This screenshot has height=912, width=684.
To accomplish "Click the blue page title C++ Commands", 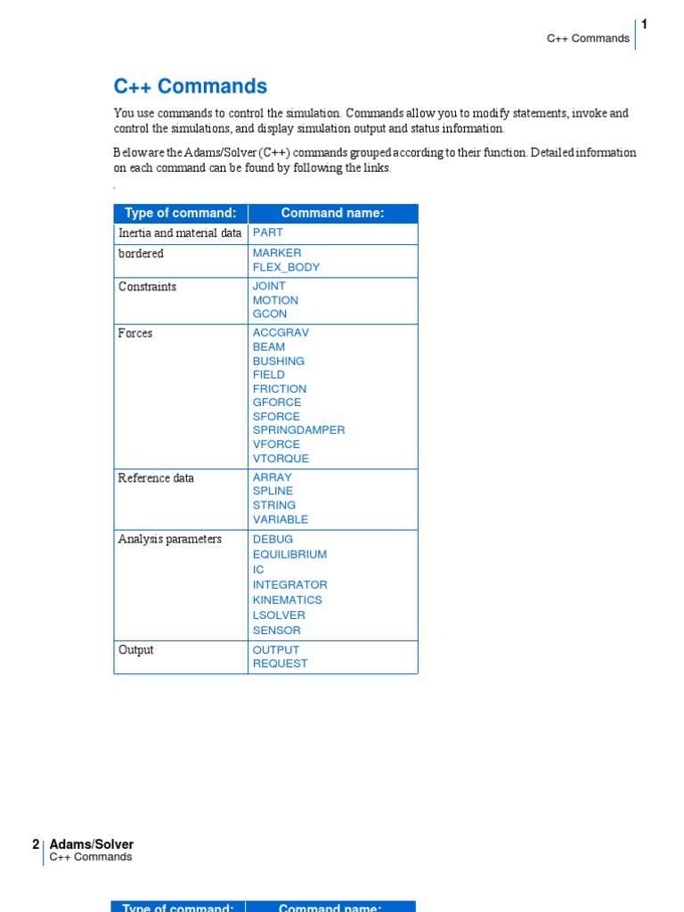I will click(190, 86).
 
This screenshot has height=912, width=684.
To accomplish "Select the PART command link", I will click(267, 232).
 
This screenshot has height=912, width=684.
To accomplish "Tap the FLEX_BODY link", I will click(286, 267).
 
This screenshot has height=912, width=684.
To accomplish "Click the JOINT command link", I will click(269, 286).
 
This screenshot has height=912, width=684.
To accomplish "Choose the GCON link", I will click(270, 313).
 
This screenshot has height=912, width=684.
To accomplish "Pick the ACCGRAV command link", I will click(281, 332).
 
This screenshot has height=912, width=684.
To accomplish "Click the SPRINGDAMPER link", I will click(298, 430).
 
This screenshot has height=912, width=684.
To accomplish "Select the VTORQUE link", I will click(281, 459).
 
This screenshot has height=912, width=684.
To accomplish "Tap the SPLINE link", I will click(273, 491).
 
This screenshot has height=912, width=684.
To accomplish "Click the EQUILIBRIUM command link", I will click(289, 554).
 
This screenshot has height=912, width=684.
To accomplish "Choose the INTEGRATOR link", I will click(289, 584).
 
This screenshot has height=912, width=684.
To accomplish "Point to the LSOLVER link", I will click(279, 615).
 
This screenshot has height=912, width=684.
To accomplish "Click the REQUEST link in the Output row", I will click(280, 664).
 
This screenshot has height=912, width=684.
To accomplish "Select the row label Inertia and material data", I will click(179, 232).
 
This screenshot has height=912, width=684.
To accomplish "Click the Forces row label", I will click(135, 333).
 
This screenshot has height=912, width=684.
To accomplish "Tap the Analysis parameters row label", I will click(169, 539).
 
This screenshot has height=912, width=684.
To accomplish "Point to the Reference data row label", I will click(156, 478).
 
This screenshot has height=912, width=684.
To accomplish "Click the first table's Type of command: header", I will click(180, 213).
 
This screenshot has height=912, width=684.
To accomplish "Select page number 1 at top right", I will click(644, 24).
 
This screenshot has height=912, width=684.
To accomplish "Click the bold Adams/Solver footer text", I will click(91, 844).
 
